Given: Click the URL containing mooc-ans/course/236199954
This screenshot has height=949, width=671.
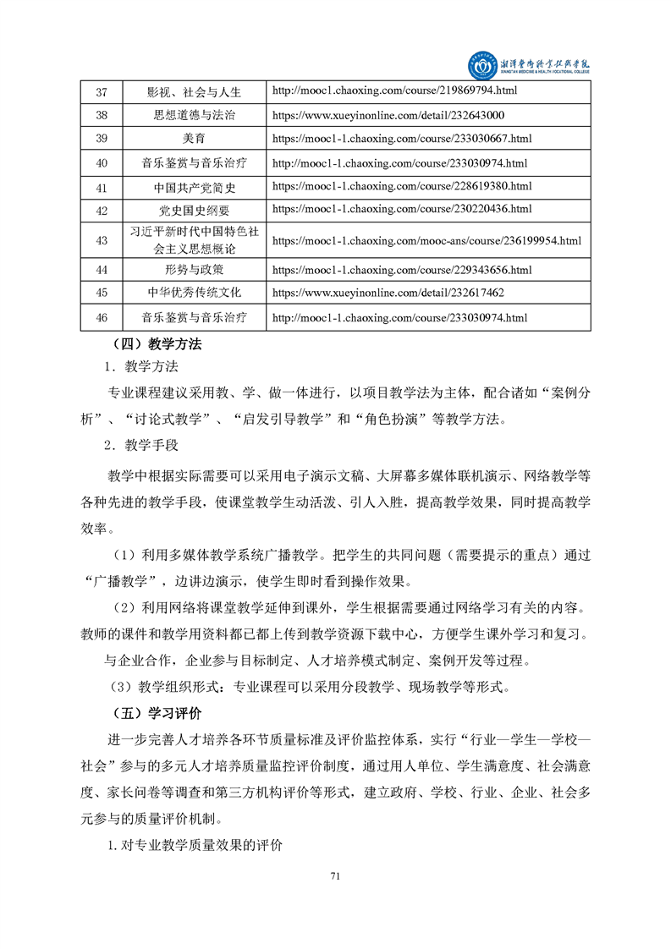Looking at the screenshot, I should click(x=426, y=241).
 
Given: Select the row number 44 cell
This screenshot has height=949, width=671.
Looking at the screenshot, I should click(x=102, y=270).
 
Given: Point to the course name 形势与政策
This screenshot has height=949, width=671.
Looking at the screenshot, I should click(x=194, y=270).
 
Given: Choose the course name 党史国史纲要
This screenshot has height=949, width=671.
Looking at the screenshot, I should click(x=194, y=210).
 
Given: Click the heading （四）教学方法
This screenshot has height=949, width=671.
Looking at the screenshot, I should click(x=157, y=344).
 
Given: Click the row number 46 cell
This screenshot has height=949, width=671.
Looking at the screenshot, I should click(x=102, y=318).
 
